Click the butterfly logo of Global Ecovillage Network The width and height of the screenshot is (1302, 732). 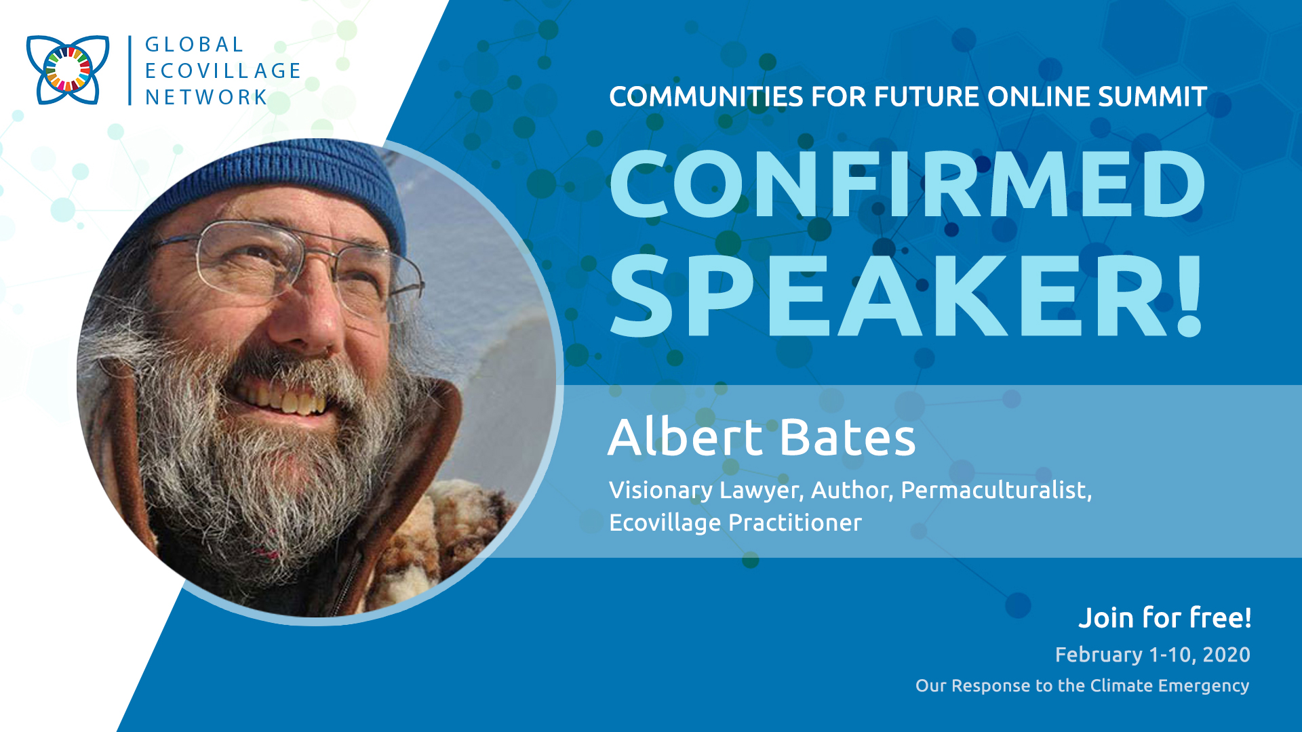click(68, 69)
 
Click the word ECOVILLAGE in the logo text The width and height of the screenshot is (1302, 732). click(223, 70)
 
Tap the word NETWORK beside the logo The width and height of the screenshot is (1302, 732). click(207, 97)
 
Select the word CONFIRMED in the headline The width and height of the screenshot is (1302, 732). click(907, 184)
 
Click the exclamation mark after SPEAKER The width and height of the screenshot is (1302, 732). click(1189, 296)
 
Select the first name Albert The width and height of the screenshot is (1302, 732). click(686, 436)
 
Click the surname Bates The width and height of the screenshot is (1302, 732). click(848, 436)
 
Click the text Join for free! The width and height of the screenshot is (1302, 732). click(1165, 617)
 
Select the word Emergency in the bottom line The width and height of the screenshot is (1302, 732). click(1204, 686)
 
